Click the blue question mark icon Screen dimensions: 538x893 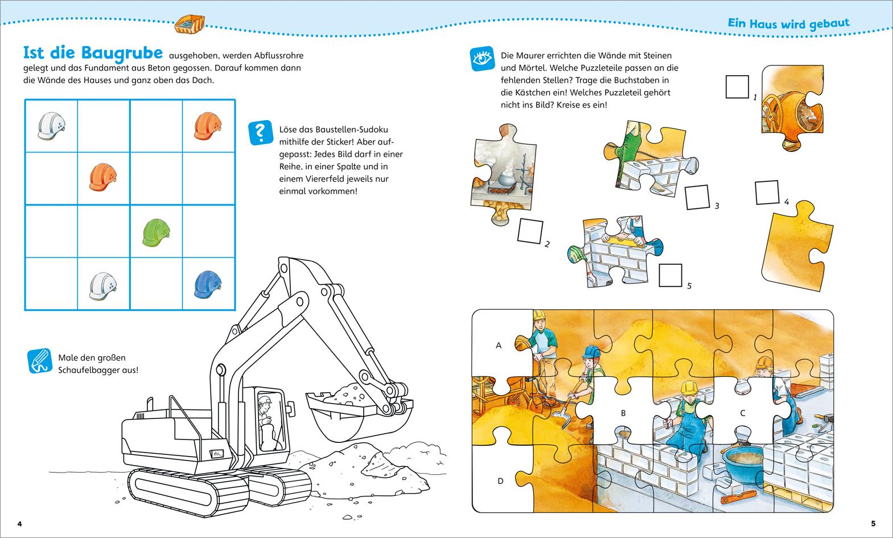(x=261, y=132)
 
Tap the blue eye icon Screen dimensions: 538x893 (x=481, y=59)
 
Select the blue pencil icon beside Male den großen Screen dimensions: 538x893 (x=39, y=362)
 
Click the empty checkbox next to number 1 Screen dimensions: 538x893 (x=737, y=87)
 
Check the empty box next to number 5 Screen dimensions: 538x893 (x=670, y=275)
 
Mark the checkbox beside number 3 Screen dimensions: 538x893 (x=697, y=197)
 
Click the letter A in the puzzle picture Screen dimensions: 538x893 (x=499, y=345)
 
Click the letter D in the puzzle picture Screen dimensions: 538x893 (x=500, y=481)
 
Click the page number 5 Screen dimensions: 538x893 (x=873, y=523)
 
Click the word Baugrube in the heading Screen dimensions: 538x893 (x=122, y=52)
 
